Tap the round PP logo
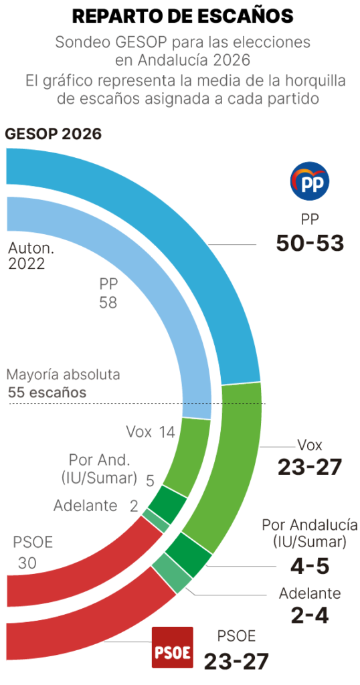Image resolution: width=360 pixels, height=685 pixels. pos(309,180)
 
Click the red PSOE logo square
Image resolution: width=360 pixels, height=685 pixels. pos(173,648)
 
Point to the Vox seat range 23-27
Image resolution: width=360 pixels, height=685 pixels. pos(310,467)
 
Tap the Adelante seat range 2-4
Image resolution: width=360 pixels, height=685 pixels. pos(310,615)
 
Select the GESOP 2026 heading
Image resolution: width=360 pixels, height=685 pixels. pos(54,134)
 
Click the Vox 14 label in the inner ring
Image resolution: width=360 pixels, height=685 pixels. pos(151,432)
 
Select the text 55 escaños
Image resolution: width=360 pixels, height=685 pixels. pos(48,393)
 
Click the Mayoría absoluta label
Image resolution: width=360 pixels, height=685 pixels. pos(64,375)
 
